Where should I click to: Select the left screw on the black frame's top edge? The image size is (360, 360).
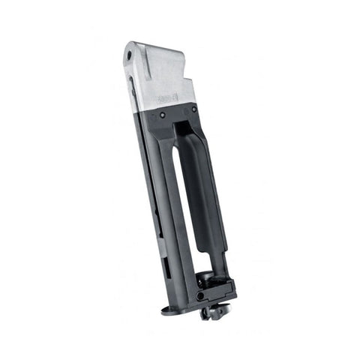click(163, 115)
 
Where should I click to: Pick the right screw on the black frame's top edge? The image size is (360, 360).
click(194, 109)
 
